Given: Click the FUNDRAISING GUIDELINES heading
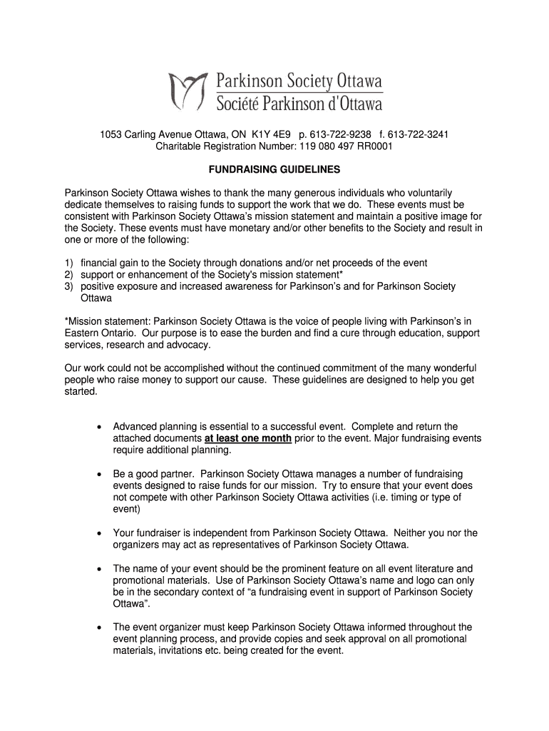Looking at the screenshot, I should click(x=274, y=170).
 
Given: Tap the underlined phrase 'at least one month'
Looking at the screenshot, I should click(x=247, y=438).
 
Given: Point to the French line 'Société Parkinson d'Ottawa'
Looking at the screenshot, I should click(x=299, y=104).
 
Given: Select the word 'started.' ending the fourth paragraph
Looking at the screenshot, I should click(x=80, y=392).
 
